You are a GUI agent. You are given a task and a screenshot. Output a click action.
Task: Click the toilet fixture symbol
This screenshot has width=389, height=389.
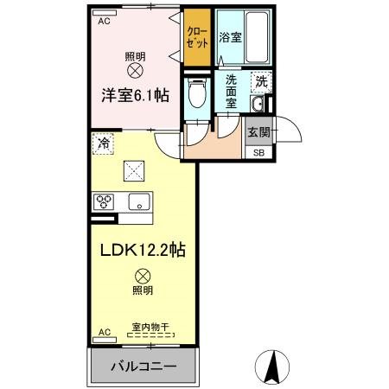click(197, 92)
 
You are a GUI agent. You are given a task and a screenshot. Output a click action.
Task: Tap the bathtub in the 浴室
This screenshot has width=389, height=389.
click(257, 36)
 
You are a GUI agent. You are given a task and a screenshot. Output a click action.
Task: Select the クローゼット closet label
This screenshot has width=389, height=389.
click(197, 37)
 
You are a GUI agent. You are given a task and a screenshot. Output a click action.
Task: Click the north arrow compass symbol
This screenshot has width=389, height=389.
click(272, 367)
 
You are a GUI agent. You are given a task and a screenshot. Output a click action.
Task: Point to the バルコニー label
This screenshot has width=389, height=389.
click(143, 367)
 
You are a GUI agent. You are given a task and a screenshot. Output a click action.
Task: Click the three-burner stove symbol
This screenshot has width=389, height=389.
click(104, 201)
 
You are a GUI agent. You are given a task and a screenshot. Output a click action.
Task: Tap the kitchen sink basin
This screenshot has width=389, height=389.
click(139, 201)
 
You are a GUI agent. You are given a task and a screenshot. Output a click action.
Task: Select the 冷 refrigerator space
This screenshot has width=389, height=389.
click(103, 143)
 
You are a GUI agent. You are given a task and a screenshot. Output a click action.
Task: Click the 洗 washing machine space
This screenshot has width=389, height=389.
click(261, 82)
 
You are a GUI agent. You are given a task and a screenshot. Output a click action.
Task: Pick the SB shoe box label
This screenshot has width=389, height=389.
click(258, 153)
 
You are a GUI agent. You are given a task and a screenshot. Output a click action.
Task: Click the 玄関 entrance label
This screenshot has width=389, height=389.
click(258, 132)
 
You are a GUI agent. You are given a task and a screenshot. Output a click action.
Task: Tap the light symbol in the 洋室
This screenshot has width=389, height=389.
click(135, 70)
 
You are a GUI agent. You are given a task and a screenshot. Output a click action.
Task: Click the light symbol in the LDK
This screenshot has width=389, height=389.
click(143, 277)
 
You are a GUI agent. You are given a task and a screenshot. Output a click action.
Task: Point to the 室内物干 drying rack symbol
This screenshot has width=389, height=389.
click(151, 335)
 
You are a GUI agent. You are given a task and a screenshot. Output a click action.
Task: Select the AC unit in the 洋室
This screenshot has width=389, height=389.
click(105, 13)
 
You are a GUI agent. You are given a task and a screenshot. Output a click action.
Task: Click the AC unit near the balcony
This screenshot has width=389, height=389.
click(105, 340)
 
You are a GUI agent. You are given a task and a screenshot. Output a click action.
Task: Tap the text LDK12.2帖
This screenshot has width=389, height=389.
click(143, 250)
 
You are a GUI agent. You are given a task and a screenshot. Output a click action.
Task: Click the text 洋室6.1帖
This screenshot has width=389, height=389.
click(135, 95)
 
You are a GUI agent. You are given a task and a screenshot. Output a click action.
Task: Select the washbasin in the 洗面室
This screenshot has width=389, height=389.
click(257, 104)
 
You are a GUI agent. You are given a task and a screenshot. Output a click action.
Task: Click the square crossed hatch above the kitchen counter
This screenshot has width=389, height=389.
click(134, 171)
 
